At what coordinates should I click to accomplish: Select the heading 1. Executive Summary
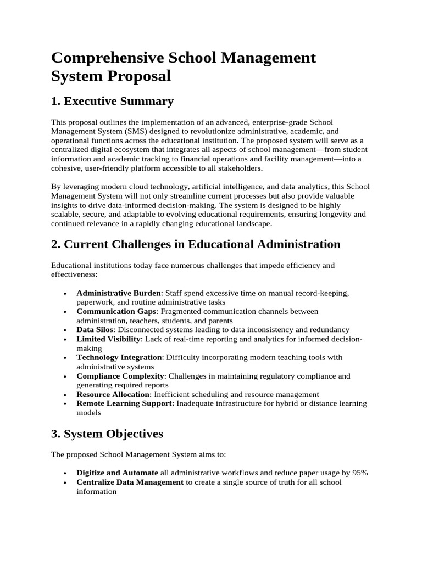pos(112,101)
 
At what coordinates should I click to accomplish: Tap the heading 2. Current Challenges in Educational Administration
pos(196,244)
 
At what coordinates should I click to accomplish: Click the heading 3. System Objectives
pos(107,434)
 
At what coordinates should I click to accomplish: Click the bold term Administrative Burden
pos(119,293)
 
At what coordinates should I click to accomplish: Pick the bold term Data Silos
pos(95,330)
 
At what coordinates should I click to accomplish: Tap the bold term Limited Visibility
pos(109,339)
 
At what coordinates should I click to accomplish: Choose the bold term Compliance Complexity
pos(120,376)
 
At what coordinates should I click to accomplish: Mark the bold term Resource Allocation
pos(113,394)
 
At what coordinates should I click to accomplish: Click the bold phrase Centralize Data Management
pos(130,482)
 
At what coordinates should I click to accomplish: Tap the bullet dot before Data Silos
pos(65,330)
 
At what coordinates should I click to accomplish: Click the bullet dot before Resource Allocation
pos(65,395)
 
